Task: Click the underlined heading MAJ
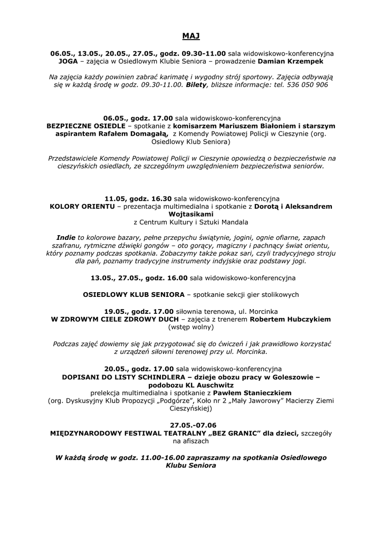point(191,36)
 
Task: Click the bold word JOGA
point(68,61)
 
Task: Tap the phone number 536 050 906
point(308,84)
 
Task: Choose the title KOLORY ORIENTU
point(82,206)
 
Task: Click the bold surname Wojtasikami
point(191,214)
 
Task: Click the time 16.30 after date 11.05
point(150,198)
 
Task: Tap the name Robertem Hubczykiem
point(290,319)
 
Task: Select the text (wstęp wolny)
point(191,327)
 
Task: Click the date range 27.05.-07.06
point(193,425)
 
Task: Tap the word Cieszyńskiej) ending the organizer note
point(191,409)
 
